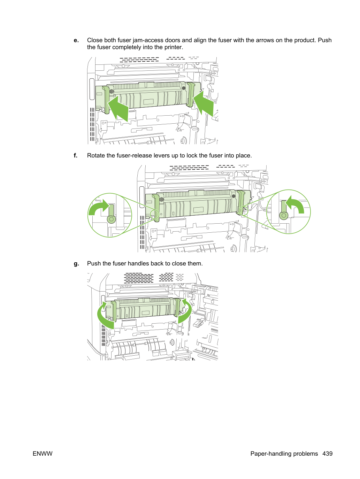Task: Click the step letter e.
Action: click(76, 41)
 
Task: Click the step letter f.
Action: click(76, 155)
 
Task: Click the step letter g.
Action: click(76, 264)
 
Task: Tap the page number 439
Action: click(328, 454)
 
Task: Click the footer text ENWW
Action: click(43, 454)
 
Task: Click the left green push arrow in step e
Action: click(119, 108)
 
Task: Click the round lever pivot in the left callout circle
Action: click(111, 219)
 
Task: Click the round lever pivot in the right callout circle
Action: click(284, 216)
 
